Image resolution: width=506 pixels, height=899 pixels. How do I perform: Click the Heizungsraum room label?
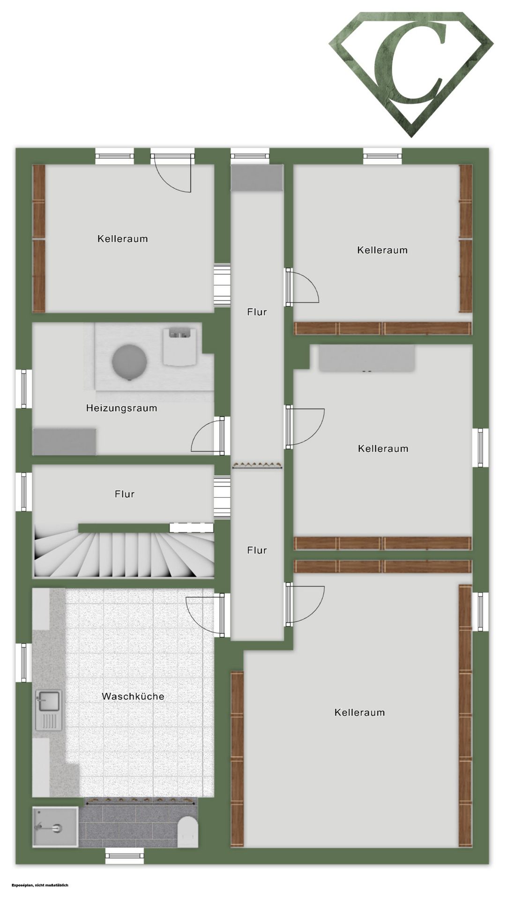[x=121, y=408]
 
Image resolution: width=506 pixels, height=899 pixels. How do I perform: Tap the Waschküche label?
[x=133, y=696]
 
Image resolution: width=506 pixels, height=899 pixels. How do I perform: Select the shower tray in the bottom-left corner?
[x=55, y=827]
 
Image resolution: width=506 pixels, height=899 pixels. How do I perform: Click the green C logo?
[x=411, y=74]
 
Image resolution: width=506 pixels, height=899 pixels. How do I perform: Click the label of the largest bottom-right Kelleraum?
[x=360, y=713]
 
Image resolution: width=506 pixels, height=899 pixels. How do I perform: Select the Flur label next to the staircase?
[x=125, y=494]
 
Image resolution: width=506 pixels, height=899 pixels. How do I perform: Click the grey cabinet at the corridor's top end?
[x=257, y=177]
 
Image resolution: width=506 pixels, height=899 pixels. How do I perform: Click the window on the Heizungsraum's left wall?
[x=23, y=389]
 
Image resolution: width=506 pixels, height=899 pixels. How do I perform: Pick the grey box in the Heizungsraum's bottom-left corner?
[x=65, y=441]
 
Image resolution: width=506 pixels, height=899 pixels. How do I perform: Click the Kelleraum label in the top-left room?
[x=123, y=239]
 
